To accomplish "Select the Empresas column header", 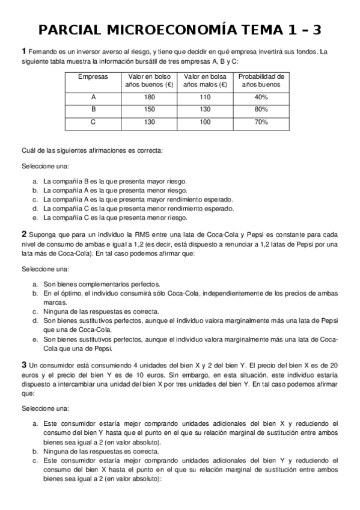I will (93, 76).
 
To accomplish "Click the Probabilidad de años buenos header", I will (261, 81).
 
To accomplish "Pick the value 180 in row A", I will (149, 97).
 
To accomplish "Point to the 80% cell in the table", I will (261, 109).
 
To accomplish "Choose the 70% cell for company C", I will (261, 122).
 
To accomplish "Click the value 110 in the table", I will (205, 97).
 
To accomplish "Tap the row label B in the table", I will (93, 109).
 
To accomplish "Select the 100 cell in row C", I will (205, 122).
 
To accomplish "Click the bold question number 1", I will (23, 51).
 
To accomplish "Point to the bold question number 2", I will (23, 234).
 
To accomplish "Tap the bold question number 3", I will (23, 364).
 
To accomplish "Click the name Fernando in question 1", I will (41, 51).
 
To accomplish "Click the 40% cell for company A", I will (261, 97).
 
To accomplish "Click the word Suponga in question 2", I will (43, 235).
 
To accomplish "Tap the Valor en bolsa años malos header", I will (205, 81).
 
